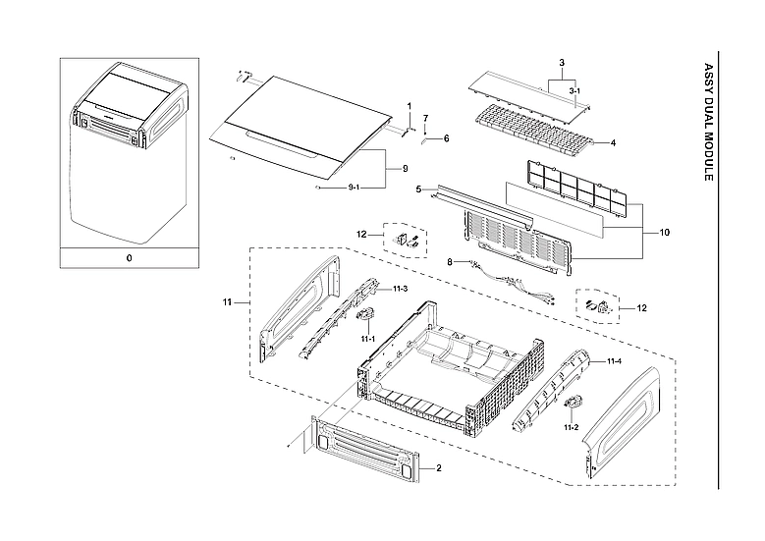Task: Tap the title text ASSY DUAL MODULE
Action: pyautogui.click(x=709, y=123)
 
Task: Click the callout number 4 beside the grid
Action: pyautogui.click(x=613, y=143)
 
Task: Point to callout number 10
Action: pyautogui.click(x=665, y=233)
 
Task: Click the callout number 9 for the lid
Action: pyautogui.click(x=404, y=170)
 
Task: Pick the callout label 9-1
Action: pyautogui.click(x=355, y=187)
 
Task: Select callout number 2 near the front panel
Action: pyautogui.click(x=439, y=469)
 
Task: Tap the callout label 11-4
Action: pyautogui.click(x=614, y=362)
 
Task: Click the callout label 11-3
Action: pyautogui.click(x=400, y=289)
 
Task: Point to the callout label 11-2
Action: pyautogui.click(x=571, y=428)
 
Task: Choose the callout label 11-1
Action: pyautogui.click(x=368, y=338)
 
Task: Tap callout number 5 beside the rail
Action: pyautogui.click(x=418, y=189)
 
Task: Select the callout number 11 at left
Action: pyautogui.click(x=229, y=302)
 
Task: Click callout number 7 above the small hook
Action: pyautogui.click(x=425, y=119)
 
